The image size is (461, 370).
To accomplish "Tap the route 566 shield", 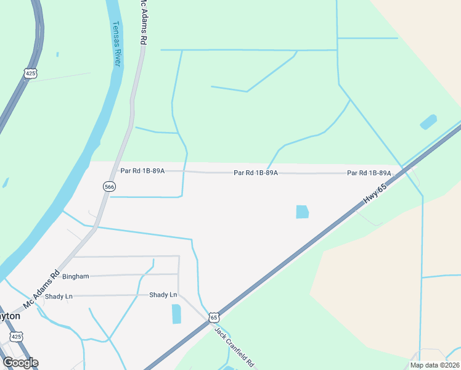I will (109, 186).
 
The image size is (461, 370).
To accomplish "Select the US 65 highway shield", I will (213, 317).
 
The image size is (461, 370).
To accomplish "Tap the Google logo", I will (20, 363).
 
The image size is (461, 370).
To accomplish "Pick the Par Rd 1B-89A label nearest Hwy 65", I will (369, 173).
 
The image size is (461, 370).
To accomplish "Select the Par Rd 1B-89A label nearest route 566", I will (142, 170).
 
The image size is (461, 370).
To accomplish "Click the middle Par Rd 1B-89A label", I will (256, 173).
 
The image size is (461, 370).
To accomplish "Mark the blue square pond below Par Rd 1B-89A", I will (302, 212).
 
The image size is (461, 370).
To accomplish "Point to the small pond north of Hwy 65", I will (428, 122).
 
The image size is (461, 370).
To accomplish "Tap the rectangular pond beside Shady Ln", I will (176, 314).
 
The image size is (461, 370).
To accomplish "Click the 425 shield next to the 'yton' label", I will (17, 337).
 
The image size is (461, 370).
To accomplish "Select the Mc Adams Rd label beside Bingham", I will (41, 290).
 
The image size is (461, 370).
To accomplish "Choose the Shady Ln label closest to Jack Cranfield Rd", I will (163, 295).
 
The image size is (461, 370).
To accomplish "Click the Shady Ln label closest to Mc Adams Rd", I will (59, 297).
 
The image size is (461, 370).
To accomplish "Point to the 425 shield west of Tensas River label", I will (31, 73).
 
